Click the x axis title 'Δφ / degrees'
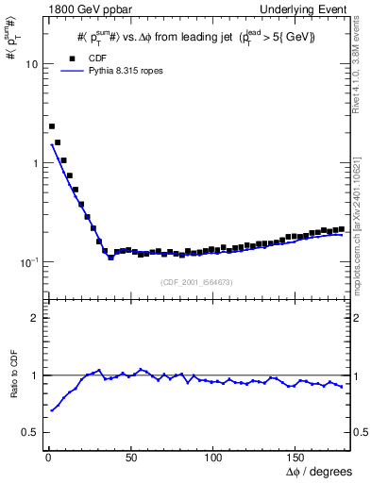[x=318, y=470]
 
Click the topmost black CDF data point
[x=52, y=125]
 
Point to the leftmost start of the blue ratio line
[x=51, y=410]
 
